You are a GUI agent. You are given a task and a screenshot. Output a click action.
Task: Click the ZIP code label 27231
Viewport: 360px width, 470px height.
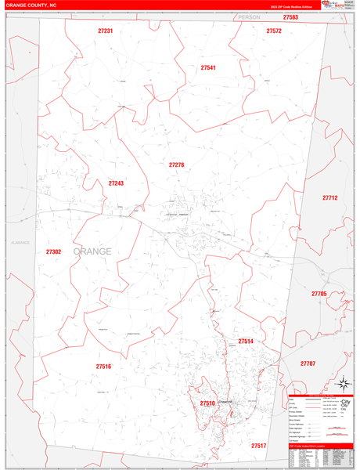pos(106,31)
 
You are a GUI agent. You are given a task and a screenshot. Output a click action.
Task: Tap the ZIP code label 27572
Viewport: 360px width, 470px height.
pos(274,31)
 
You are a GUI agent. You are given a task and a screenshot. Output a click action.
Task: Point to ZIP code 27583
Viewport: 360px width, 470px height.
pos(290,17)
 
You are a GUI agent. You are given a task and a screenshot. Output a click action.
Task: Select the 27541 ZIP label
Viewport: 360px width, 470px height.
pos(208,68)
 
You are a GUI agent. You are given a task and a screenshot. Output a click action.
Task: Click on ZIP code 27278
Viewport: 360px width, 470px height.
pos(176,165)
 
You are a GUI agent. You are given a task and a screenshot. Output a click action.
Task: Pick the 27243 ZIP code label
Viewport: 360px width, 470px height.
pos(116,183)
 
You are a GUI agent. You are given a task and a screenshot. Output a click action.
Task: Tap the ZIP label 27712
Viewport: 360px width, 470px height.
pos(329,198)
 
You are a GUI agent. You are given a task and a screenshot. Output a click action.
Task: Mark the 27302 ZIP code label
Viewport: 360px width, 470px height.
pos(53,252)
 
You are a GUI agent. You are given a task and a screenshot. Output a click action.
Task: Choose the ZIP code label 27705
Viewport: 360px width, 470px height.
pos(319,294)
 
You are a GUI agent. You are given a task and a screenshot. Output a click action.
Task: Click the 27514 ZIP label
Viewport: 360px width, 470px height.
pos(246,342)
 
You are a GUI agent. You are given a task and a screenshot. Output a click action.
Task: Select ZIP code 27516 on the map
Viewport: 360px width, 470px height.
pos(103,367)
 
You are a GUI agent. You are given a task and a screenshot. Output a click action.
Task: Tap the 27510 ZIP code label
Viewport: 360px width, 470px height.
pos(207,403)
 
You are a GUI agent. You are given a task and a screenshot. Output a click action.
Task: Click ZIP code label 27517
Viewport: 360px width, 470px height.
pos(258,446)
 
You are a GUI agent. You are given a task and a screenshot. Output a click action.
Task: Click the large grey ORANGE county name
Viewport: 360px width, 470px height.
pos(92,251)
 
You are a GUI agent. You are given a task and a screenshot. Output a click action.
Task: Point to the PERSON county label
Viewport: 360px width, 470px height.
pos(249,16)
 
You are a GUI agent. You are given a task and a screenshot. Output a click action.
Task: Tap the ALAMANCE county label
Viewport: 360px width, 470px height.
pos(19,242)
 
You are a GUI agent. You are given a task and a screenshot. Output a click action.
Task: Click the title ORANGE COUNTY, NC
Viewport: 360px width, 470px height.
pos(31,5)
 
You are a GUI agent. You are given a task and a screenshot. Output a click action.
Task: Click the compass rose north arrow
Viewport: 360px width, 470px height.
pos(342,383)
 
